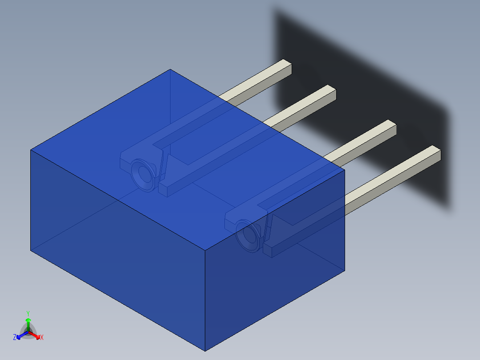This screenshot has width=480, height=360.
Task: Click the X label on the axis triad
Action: pyautogui.click(x=42, y=338)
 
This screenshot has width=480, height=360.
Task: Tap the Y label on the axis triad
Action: pyautogui.click(x=28, y=313)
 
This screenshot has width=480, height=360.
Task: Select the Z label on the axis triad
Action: pyautogui.click(x=15, y=338)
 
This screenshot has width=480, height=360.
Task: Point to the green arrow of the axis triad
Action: pyautogui.click(x=28, y=322)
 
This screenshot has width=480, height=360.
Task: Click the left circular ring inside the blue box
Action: pyautogui.click(x=144, y=175)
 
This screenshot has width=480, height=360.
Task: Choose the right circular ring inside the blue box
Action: pyautogui.click(x=249, y=236)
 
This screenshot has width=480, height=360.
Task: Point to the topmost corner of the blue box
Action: pyautogui.click(x=170, y=70)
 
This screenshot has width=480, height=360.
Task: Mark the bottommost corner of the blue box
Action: pyautogui.click(x=205, y=351)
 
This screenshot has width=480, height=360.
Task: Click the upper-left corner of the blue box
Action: pyautogui.click(x=31, y=150)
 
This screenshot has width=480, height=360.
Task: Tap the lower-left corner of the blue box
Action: pyautogui.click(x=31, y=250)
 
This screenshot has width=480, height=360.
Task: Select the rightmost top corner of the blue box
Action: pyautogui.click(x=345, y=169)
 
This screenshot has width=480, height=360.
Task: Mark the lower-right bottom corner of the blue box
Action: pyautogui.click(x=345, y=270)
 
